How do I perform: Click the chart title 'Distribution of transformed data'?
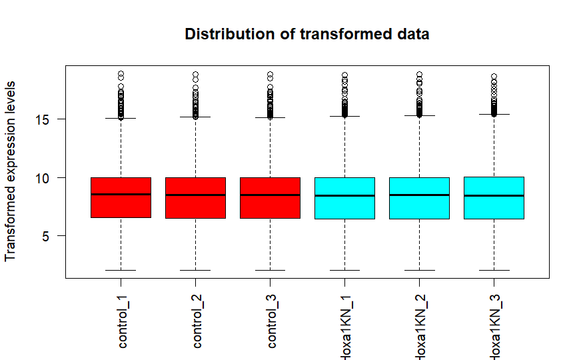(x=306, y=34)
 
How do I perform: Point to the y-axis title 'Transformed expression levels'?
(x=11, y=171)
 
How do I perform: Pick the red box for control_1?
(x=121, y=207)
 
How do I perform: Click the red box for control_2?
(x=195, y=207)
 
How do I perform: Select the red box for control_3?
(x=270, y=207)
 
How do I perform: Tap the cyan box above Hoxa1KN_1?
(x=344, y=207)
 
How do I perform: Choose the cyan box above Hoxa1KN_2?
(x=419, y=207)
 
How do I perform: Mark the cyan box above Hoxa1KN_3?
(x=494, y=207)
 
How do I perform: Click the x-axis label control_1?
(x=122, y=323)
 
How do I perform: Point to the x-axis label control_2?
(x=197, y=323)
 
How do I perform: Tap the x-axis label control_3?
(x=271, y=323)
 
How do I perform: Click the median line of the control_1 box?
(x=121, y=194)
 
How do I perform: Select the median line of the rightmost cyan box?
(x=494, y=195)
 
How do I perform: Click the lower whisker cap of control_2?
(x=195, y=270)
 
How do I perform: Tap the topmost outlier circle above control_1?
(x=121, y=74)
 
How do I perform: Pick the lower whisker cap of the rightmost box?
(x=494, y=270)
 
